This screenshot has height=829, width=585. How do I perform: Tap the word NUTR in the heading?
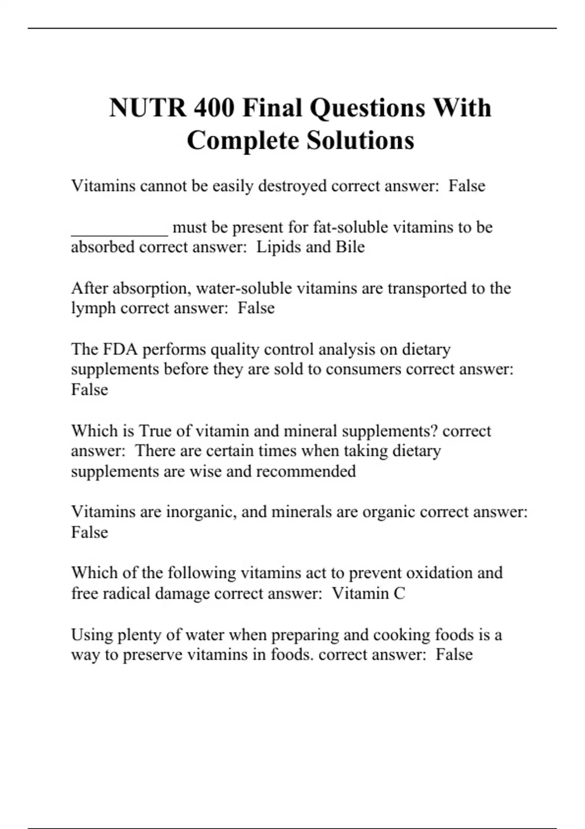tap(147, 108)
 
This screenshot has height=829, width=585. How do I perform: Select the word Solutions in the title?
tap(360, 140)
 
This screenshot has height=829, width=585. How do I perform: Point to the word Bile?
tap(350, 247)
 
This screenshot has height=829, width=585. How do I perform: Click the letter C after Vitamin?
tap(399, 593)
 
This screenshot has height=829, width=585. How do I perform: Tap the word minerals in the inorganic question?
tap(304, 512)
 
